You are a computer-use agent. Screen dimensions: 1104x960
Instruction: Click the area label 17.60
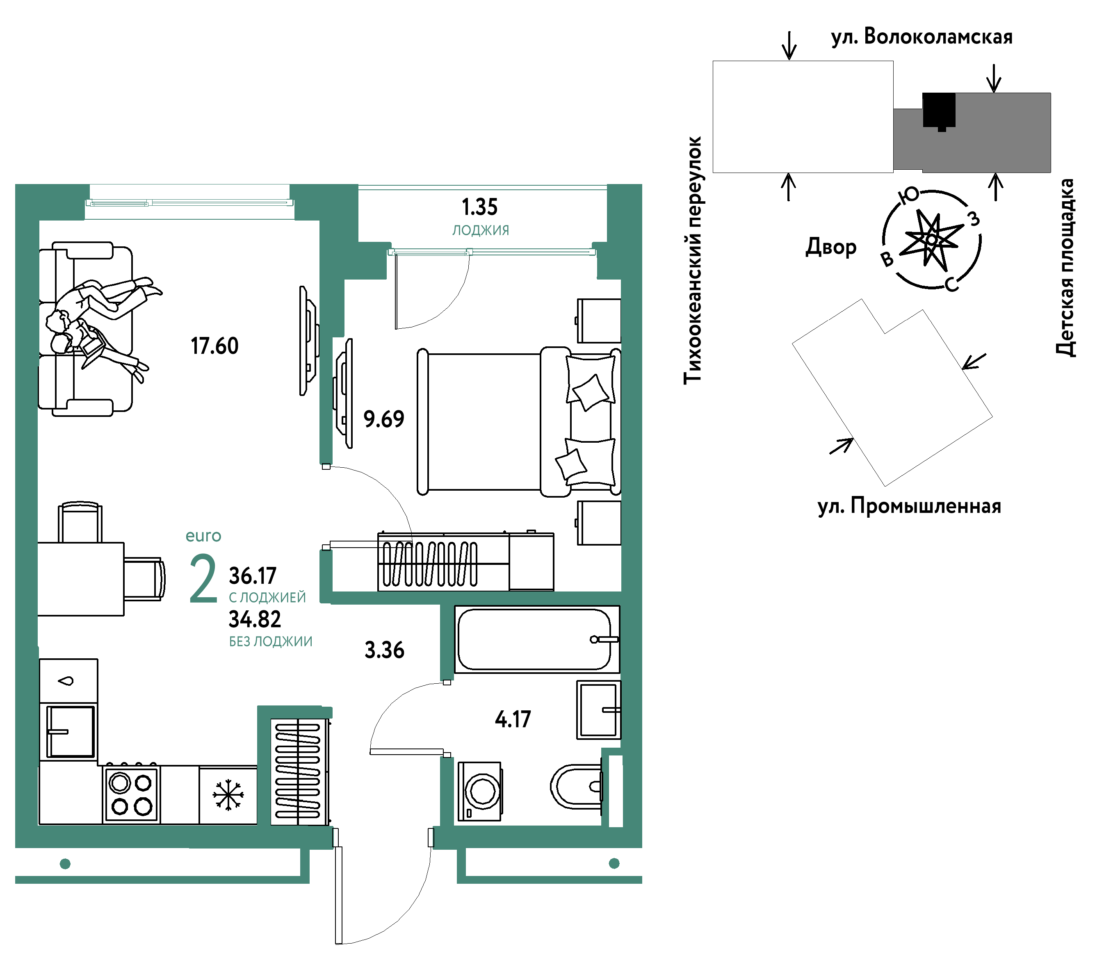tap(214, 346)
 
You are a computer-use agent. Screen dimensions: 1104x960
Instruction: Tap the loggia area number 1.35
tap(480, 207)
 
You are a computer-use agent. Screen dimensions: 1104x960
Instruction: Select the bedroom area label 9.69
tap(384, 419)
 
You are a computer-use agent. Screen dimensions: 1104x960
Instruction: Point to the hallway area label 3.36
tap(384, 650)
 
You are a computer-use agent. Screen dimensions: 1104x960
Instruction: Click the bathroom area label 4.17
tap(513, 719)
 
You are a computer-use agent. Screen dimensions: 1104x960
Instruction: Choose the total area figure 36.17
tap(253, 576)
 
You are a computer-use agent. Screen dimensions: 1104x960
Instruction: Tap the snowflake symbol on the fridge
tap(228, 795)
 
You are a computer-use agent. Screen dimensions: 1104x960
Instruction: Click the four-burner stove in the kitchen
tap(132, 794)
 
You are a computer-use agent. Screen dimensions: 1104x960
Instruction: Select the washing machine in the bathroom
tap(480, 791)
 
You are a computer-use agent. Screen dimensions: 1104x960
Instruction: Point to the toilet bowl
tap(577, 787)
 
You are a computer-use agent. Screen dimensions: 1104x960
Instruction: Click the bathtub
tap(537, 639)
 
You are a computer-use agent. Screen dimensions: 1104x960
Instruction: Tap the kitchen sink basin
tap(70, 732)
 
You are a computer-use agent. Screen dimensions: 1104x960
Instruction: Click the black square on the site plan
tap(939, 111)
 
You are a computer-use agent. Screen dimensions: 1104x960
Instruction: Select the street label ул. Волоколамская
tap(922, 37)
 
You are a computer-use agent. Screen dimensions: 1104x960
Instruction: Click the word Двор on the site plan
tap(831, 246)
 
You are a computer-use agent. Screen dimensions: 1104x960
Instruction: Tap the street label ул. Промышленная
tap(909, 506)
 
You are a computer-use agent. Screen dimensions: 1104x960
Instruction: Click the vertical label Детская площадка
tap(1065, 267)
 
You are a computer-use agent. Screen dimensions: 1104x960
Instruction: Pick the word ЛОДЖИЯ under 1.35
tap(480, 230)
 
